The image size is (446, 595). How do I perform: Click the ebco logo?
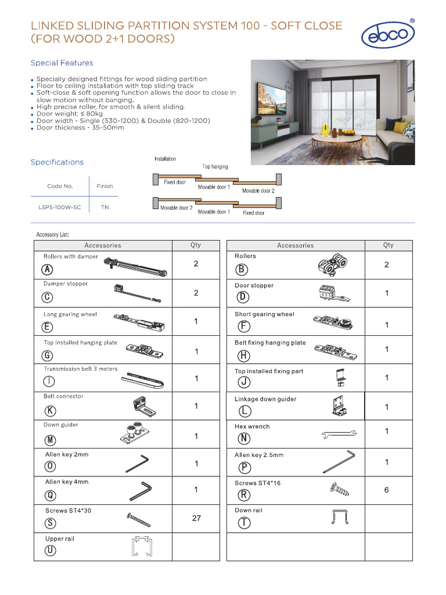(387, 34)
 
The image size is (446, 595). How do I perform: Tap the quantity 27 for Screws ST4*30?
(196, 518)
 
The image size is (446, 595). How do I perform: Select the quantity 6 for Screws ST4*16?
(387, 490)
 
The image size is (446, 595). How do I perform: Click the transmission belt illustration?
(143, 381)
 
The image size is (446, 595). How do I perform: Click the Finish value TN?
(105, 207)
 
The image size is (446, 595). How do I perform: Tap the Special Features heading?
(62, 63)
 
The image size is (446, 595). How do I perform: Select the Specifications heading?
(57, 162)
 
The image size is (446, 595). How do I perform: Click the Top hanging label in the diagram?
(215, 167)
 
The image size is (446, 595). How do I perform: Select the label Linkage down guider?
(265, 399)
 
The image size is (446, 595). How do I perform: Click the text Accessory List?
(52, 235)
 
